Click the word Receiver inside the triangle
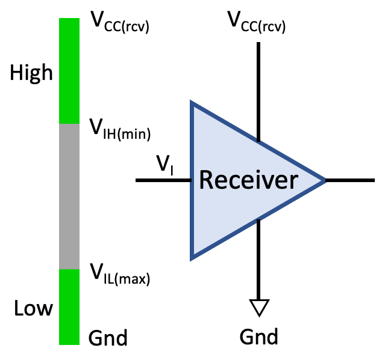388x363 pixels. (248, 180)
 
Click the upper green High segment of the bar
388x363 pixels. (69, 71)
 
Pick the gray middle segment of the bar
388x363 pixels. (69, 196)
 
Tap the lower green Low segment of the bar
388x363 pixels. (69, 307)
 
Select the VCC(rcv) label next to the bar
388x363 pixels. (119, 23)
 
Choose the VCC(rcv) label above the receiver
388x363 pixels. (256, 23)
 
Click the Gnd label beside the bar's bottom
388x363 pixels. (108, 338)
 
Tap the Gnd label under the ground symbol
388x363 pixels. (259, 336)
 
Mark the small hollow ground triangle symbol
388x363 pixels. (259, 307)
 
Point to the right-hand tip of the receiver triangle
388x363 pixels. (325, 180)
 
